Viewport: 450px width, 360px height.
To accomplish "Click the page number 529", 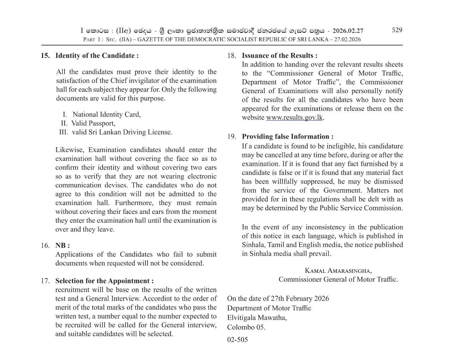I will point(397,30).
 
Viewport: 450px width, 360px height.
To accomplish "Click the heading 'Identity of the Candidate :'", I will point(97,55).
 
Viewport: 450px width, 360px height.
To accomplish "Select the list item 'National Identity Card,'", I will point(107,114).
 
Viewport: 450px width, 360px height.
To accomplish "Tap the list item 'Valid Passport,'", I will point(93,123).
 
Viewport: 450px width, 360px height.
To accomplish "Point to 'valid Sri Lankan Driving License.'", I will point(122,132).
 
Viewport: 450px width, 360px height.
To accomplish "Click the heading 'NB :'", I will point(62,246).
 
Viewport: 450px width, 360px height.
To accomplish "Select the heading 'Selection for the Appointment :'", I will point(104,281).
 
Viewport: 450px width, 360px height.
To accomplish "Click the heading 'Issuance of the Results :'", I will point(280,55).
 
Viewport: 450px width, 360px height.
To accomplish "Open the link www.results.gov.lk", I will point(294,118).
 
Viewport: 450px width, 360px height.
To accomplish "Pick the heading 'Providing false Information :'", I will point(287,137).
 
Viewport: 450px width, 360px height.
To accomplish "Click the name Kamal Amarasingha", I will point(338,271).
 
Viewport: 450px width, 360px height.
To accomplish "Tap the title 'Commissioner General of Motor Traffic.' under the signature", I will point(338,280).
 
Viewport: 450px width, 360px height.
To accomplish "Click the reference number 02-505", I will point(238,340).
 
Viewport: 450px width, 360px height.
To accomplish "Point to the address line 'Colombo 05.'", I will point(246,327).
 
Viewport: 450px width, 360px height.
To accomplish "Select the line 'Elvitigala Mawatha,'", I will point(257,318).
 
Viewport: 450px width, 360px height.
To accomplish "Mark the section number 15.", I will point(45,55).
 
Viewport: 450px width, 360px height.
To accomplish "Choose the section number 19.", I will point(232,137).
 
